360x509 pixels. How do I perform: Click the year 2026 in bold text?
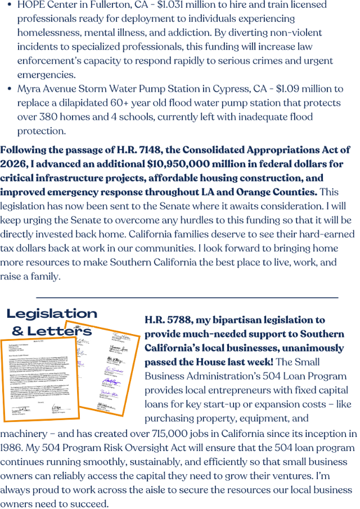(x=14, y=164)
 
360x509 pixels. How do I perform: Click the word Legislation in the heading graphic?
(x=52, y=313)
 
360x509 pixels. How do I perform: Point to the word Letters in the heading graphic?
(x=60, y=331)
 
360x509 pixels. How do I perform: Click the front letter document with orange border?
(x=39, y=377)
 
